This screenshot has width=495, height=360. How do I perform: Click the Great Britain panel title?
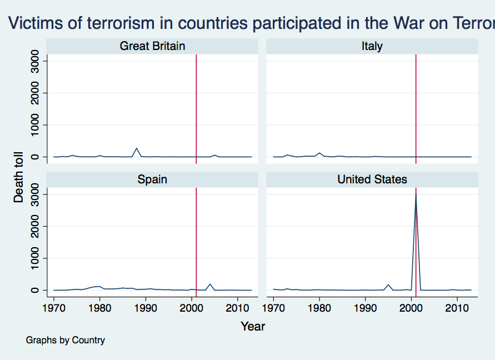pyautogui.click(x=152, y=46)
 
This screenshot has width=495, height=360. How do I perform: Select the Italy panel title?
pyautogui.click(x=372, y=46)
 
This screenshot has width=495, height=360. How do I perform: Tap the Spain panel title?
pyautogui.click(x=152, y=179)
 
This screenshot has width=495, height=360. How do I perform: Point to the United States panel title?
pyautogui.click(x=372, y=179)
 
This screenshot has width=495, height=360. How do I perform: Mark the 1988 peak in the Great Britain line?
pyautogui.click(x=137, y=148)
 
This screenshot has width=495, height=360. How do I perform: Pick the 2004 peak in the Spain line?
pyautogui.click(x=210, y=284)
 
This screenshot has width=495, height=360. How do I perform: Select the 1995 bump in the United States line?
pyautogui.click(x=388, y=285)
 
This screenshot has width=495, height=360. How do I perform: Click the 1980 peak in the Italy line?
pyautogui.click(x=319, y=153)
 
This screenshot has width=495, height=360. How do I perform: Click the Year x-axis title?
pyautogui.click(x=253, y=327)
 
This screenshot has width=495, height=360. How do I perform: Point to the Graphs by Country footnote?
pyautogui.click(x=65, y=340)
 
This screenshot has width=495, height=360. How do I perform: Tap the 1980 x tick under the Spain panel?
pyautogui.click(x=100, y=308)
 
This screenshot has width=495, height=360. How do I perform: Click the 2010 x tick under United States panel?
pyautogui.click(x=457, y=308)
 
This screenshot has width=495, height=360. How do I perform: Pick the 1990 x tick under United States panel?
pyautogui.click(x=366, y=308)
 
